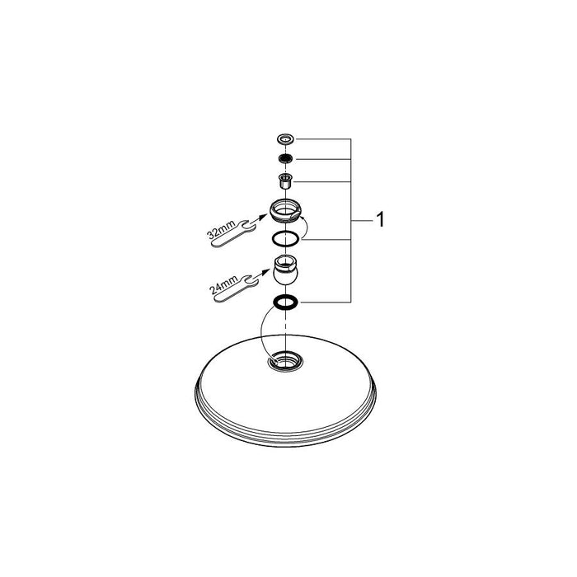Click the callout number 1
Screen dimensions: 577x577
pos(381,220)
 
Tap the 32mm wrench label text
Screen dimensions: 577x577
pos(221,230)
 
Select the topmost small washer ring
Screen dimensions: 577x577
pos(286,139)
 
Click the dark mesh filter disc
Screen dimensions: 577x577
pos(286,159)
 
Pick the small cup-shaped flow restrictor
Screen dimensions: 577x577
pos(286,181)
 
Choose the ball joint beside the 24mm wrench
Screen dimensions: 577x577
pos(286,270)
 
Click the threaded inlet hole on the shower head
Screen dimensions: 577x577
pos(286,361)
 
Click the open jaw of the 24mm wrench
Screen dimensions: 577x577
pos(251,280)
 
